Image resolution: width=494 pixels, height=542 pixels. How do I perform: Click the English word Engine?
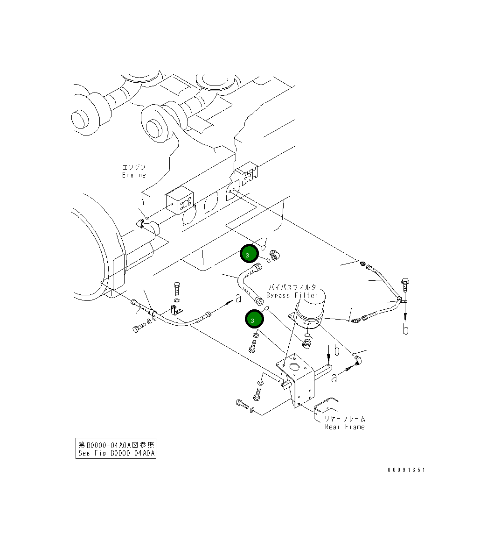tap(134, 175)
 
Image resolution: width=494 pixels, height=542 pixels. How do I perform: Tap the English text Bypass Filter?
tap(292, 295)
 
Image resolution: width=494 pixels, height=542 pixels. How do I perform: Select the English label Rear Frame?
tap(345, 427)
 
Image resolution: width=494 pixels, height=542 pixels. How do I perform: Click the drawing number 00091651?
tap(406, 470)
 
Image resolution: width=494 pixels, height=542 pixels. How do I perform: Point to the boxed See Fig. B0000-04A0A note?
tap(116, 449)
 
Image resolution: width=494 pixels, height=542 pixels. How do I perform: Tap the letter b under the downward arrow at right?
tap(406, 329)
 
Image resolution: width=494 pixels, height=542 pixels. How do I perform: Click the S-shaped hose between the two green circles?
tap(245, 282)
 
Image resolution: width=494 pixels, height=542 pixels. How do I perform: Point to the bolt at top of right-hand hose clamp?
tap(404, 282)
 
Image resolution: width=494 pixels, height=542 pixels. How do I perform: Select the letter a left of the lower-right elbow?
tap(334, 378)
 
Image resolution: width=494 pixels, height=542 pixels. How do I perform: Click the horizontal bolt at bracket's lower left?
tap(242, 403)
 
